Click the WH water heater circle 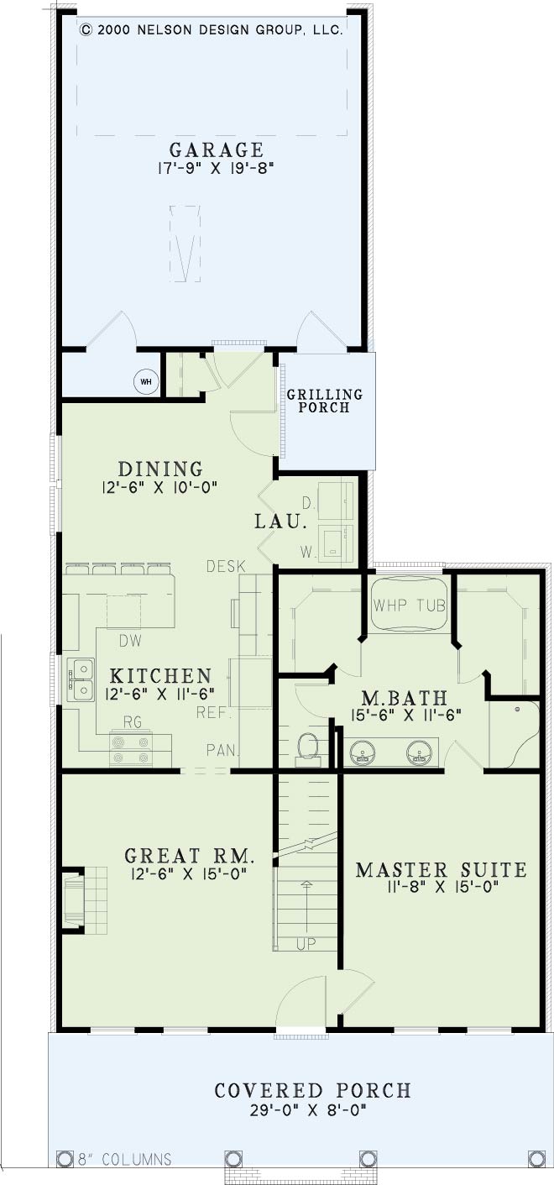pos(145,381)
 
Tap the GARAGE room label pos(217,149)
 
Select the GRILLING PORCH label pos(325,401)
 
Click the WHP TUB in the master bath pos(409,604)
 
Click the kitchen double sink pos(81,680)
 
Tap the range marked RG pos(131,748)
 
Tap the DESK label pos(226,567)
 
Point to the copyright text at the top pos(212,30)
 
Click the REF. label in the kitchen pos(214,712)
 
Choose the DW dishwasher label pos(131,641)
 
